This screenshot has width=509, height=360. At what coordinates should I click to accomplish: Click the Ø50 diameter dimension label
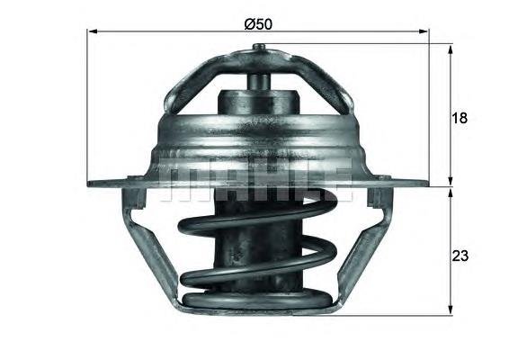click(x=257, y=23)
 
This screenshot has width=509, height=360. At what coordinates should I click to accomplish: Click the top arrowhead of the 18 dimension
click(x=449, y=48)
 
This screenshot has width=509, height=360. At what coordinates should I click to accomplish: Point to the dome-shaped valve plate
click(x=257, y=135)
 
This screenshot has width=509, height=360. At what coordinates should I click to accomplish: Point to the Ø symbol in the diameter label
click(x=249, y=23)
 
